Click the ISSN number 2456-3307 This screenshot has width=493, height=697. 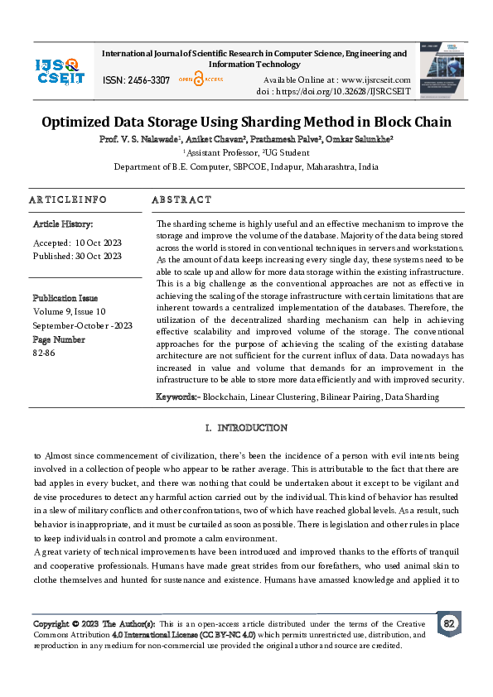pyautogui.click(x=148, y=80)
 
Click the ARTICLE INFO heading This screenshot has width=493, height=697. pyautogui.click(x=68, y=200)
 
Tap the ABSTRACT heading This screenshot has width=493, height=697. pyautogui.click(x=182, y=200)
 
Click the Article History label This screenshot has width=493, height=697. pyautogui.click(x=63, y=224)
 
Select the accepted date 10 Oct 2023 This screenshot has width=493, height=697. pyautogui.click(x=99, y=243)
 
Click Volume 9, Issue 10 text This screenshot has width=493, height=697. pyautogui.click(x=70, y=311)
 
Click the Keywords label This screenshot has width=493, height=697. pyautogui.click(x=177, y=397)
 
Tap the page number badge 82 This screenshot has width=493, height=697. pyautogui.click(x=449, y=622)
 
